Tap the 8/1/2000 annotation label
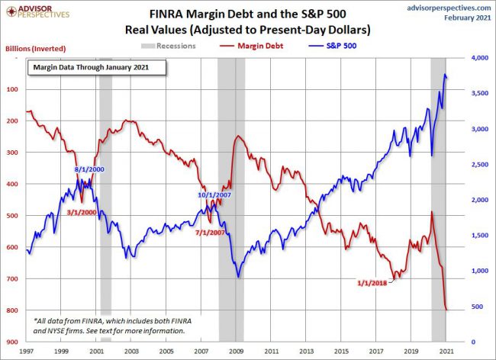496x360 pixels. click(89, 169)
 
